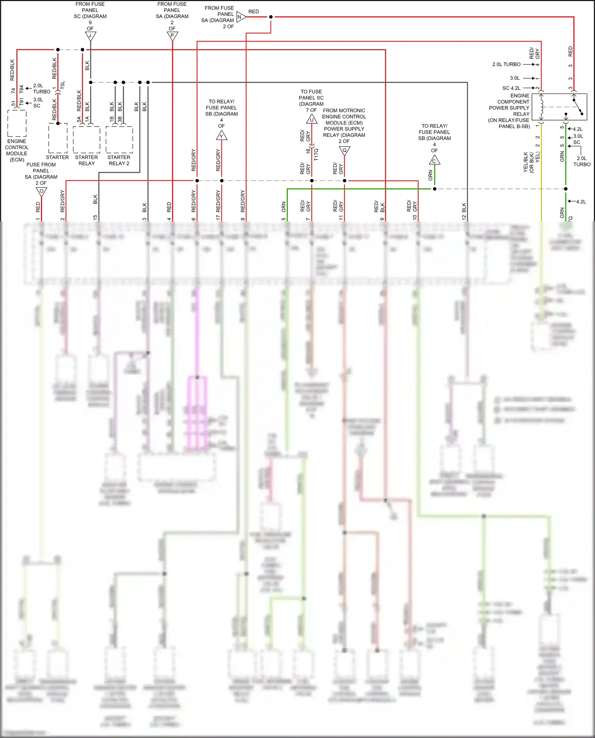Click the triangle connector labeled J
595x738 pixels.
point(90,36)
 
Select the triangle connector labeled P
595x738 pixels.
point(172,36)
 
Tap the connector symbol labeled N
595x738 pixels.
point(240,17)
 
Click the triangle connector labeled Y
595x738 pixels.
point(221,136)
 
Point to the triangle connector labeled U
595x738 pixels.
point(312,119)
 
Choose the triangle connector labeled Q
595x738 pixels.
point(344,151)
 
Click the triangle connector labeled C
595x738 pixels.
point(434,161)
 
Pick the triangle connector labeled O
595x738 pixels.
point(42,192)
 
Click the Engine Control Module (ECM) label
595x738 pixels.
point(17,150)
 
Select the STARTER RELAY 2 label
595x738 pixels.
point(119,160)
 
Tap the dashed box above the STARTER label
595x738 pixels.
point(58,138)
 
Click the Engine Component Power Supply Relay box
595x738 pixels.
point(559,107)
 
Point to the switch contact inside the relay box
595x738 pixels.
point(578,108)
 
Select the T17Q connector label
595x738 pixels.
point(316,154)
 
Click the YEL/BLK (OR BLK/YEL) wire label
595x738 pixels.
point(532,162)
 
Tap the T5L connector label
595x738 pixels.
point(63,85)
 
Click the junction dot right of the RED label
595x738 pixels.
point(271,17)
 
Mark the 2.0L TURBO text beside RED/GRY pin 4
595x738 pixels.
point(506,64)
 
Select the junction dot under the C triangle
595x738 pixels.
point(434,189)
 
